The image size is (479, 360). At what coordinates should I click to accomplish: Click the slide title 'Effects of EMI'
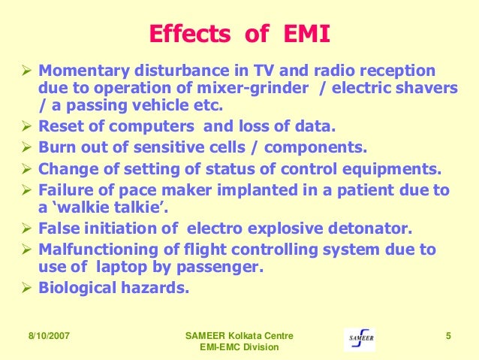pos(239,35)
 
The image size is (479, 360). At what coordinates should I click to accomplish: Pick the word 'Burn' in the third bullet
pos(56,144)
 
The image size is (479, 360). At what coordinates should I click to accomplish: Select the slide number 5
pos(447,335)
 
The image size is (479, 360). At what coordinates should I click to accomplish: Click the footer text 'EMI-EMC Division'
pos(239,347)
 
